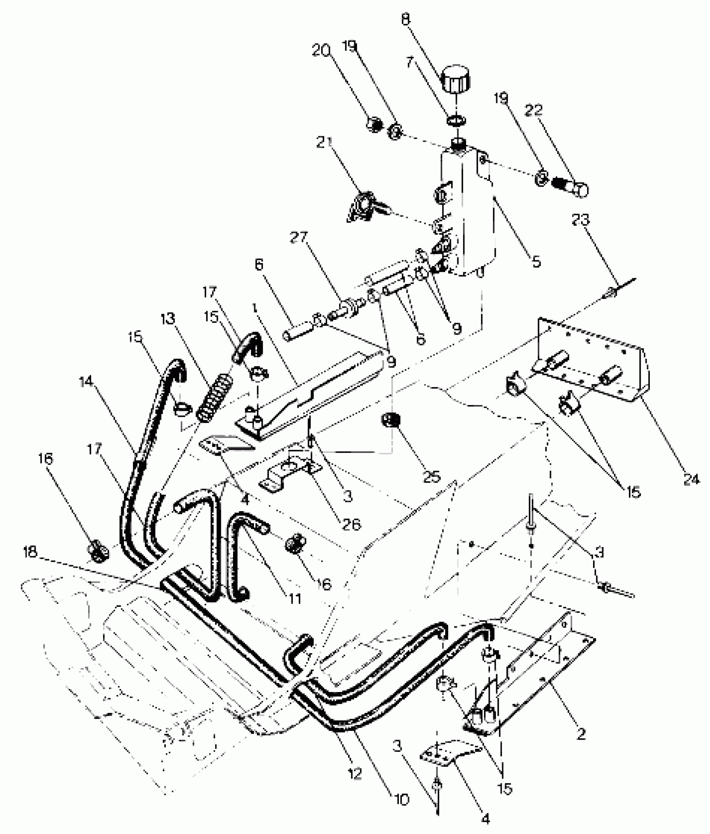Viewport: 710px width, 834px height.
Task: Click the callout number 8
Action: point(405,20)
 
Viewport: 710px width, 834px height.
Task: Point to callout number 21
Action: point(324,142)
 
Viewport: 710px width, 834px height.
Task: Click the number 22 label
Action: point(533,110)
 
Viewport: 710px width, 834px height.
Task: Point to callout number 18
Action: point(30,553)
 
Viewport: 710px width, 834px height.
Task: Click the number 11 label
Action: point(295,599)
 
